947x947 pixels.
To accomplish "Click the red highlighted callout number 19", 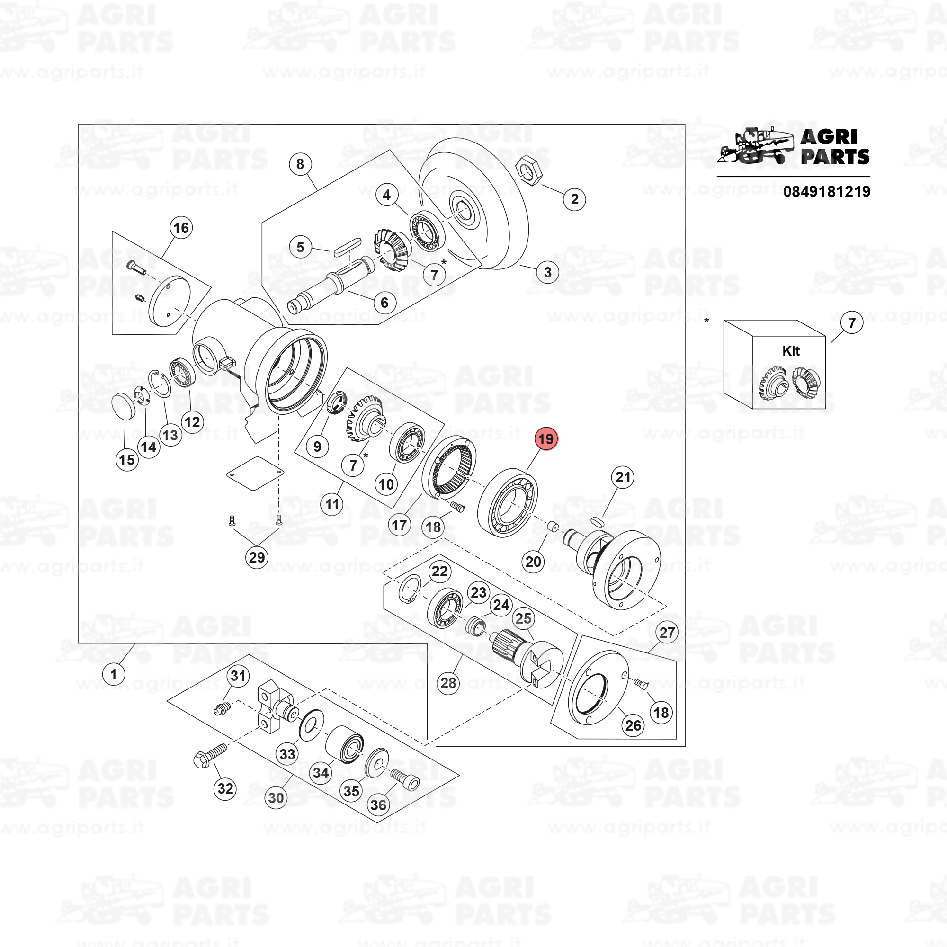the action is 545,439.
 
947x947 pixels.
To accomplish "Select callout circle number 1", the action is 113,674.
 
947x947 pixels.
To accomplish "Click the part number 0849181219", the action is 826,191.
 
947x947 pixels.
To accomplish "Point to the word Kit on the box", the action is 791,351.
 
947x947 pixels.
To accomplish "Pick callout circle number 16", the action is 181,227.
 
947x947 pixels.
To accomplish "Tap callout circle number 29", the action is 257,557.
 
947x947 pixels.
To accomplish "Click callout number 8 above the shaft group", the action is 300,164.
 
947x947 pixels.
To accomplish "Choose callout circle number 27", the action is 667,632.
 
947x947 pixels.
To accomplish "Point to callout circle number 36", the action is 378,805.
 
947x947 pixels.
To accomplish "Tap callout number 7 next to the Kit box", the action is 852,323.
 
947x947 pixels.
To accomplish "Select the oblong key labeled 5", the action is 347,247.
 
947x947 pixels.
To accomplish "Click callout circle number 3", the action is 547,272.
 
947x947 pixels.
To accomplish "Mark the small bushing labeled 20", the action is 553,527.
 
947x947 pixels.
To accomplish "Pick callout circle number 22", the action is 439,572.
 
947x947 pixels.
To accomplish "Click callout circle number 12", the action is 192,421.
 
